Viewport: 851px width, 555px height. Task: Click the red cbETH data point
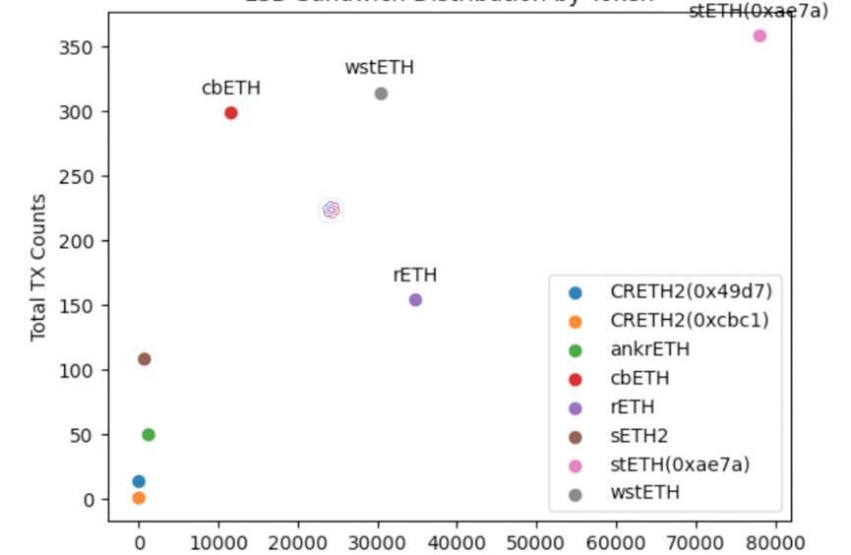(x=231, y=113)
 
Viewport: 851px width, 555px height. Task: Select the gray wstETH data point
(x=381, y=93)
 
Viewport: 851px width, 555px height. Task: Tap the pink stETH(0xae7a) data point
(x=760, y=35)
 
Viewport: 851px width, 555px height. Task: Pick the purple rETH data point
(x=415, y=300)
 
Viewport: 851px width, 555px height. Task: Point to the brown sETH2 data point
(x=145, y=359)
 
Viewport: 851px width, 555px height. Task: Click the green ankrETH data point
(x=149, y=435)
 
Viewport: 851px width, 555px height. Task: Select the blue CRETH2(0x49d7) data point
(x=139, y=481)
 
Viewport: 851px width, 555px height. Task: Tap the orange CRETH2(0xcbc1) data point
(x=139, y=498)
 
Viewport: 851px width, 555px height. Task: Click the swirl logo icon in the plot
(x=331, y=210)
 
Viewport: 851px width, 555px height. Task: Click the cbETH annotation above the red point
(x=231, y=88)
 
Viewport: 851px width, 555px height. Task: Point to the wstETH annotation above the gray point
(x=380, y=68)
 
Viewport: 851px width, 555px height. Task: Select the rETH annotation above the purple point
(x=415, y=276)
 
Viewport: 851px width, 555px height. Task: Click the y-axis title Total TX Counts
(x=39, y=268)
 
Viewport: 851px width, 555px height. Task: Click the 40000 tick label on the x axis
(x=456, y=541)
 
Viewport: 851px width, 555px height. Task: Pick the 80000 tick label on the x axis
(x=774, y=541)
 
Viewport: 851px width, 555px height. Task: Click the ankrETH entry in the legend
(x=649, y=349)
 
